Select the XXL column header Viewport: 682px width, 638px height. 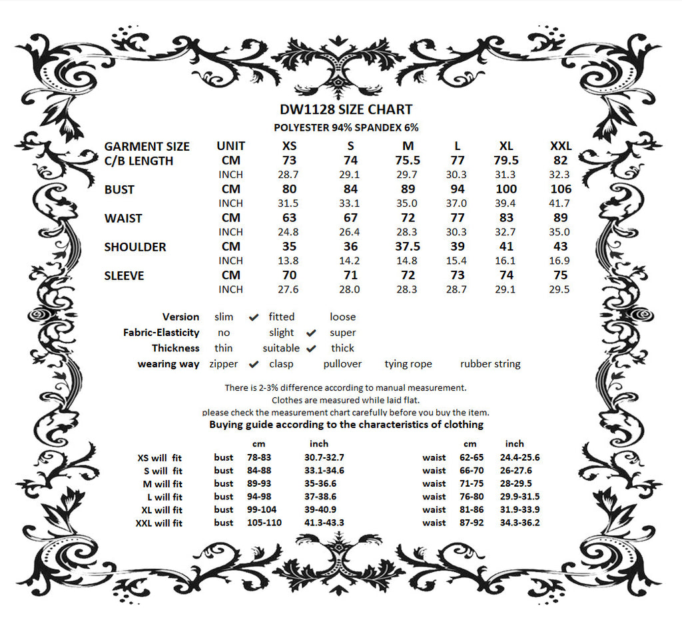click(561, 146)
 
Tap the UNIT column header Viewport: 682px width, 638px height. click(230, 146)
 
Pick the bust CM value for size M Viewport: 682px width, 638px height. click(408, 189)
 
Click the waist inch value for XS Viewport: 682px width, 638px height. click(288, 232)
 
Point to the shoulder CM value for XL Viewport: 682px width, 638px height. click(506, 247)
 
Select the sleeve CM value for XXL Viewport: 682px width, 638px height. click(561, 275)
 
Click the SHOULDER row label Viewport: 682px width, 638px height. click(135, 247)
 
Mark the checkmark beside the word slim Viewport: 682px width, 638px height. click(253, 317)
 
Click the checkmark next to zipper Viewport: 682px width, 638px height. click(253, 365)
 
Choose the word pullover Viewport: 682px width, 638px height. click(342, 364)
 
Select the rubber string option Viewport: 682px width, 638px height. click(490, 364)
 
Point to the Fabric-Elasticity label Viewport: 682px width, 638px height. click(161, 333)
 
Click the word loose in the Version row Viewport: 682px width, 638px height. click(342, 317)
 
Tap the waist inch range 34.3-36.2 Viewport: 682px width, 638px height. click(522, 523)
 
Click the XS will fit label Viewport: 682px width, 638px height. click(159, 458)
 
